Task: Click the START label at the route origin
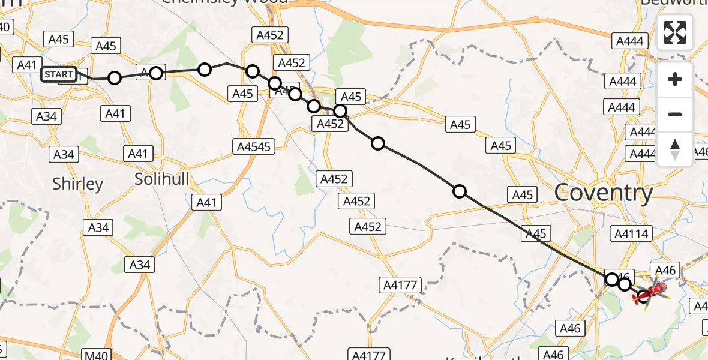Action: [59, 74]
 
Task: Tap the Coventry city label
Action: [603, 193]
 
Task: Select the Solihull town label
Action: [161, 179]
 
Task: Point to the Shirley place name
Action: [78, 184]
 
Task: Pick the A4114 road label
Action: [632, 233]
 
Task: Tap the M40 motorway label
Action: [97, 356]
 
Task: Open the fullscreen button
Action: [675, 32]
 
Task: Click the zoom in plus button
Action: [675, 79]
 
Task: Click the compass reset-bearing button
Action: [675, 149]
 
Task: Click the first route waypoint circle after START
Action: [115, 78]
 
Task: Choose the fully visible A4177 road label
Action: [400, 285]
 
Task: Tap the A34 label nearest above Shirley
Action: [64, 154]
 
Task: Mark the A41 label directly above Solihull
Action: [138, 154]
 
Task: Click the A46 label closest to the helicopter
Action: [666, 271]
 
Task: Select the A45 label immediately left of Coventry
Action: [522, 194]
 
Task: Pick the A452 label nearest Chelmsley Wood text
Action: [269, 35]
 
